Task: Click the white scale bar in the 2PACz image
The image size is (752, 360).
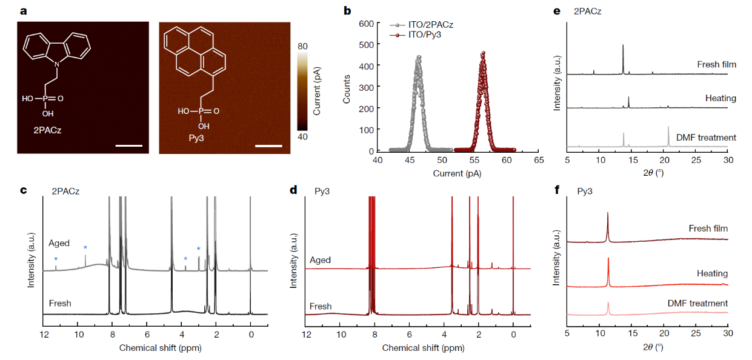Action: click(x=128, y=145)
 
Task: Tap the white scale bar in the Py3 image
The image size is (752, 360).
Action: click(x=268, y=145)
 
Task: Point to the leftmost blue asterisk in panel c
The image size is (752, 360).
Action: click(x=56, y=260)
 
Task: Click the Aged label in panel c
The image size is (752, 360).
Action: click(x=61, y=244)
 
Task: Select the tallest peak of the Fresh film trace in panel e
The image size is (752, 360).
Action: click(x=623, y=45)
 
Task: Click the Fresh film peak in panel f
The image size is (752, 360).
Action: click(x=608, y=213)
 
